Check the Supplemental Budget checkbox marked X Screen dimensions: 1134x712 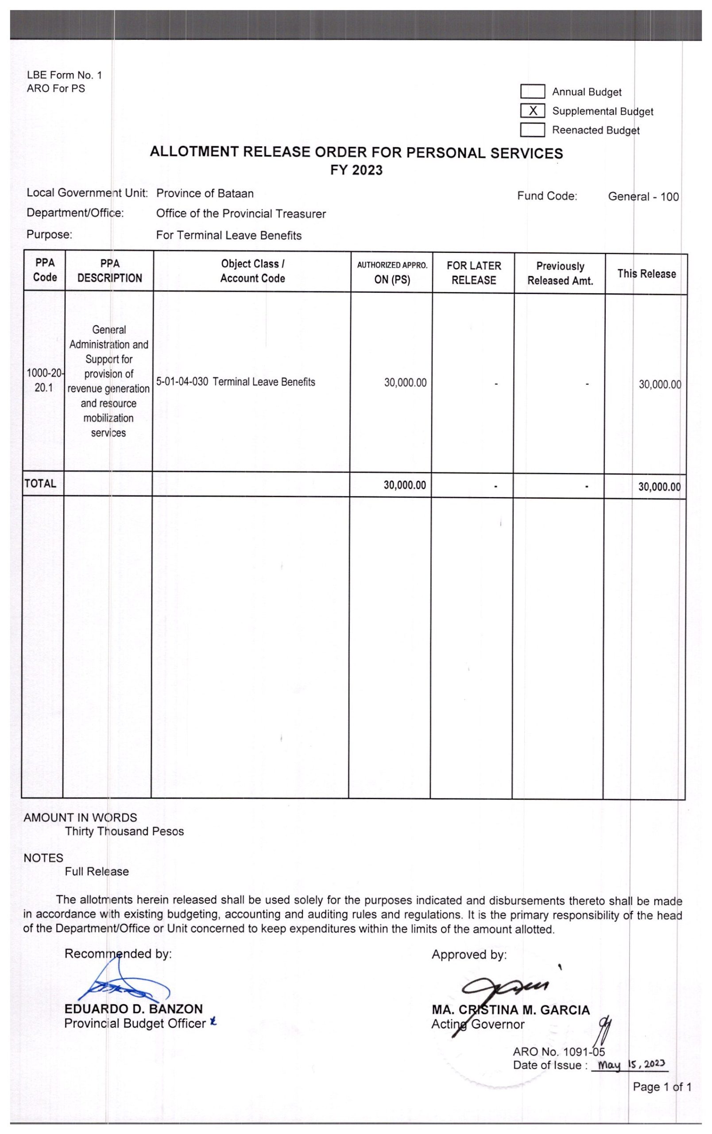[x=532, y=111]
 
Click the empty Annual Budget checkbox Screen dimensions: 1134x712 [x=532, y=91]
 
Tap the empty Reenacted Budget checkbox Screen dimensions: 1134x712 [x=532, y=129]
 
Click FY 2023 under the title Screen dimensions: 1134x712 [x=356, y=170]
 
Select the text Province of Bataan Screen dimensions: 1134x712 [x=205, y=194]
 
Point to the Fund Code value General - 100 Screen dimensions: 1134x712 [x=643, y=196]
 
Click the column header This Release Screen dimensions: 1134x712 [x=646, y=274]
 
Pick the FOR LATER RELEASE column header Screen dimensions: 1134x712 [x=473, y=273]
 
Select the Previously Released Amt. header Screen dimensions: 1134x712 [x=560, y=273]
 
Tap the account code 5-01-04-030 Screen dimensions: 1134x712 [x=182, y=382]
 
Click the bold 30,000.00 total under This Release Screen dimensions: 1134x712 [x=659, y=486]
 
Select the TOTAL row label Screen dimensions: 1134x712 [x=40, y=483]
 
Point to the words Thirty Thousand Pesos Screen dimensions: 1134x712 [x=124, y=831]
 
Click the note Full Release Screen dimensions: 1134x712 [x=97, y=871]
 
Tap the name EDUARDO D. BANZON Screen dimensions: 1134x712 [x=134, y=1009]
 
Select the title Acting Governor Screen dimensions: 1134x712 [x=478, y=1024]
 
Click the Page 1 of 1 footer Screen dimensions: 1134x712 [x=661, y=1087]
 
